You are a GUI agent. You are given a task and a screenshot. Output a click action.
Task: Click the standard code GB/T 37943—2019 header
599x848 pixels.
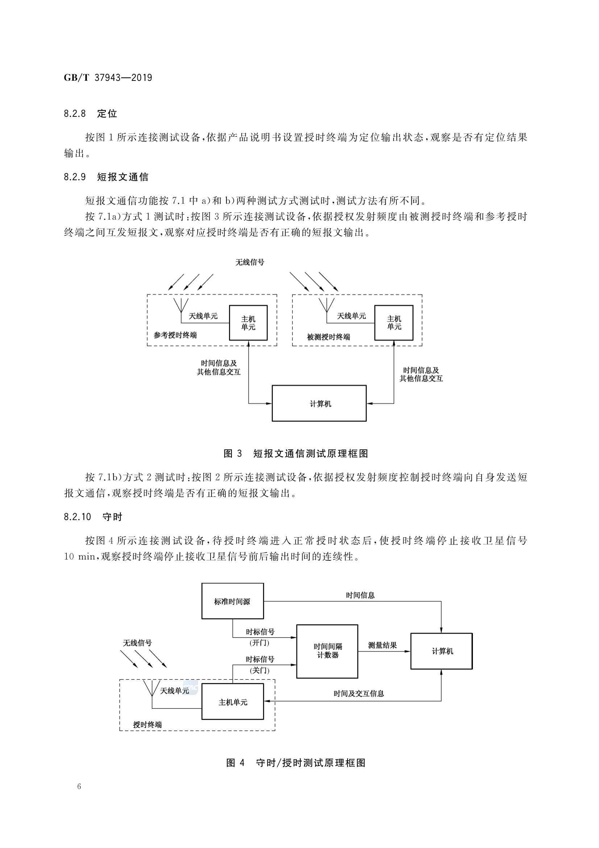(108, 78)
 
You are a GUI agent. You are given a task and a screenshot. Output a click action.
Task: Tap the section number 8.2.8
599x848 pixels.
(75, 114)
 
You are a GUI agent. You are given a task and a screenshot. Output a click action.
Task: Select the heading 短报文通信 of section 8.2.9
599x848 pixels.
(122, 177)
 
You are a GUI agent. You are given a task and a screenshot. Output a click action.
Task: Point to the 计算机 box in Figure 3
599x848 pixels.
(319, 403)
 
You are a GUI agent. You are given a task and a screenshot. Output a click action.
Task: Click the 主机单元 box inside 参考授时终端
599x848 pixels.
(248, 323)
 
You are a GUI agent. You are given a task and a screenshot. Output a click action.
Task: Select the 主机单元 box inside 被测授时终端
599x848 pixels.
(394, 323)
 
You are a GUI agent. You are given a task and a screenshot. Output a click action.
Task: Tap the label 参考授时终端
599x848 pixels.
(175, 336)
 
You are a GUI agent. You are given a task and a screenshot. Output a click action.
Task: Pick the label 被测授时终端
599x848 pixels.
(328, 337)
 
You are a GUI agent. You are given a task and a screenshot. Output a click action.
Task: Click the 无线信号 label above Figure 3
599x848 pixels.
(250, 263)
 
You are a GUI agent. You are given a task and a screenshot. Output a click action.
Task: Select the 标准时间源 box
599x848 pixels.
(233, 601)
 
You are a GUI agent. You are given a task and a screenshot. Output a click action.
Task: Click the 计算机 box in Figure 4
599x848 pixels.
(441, 651)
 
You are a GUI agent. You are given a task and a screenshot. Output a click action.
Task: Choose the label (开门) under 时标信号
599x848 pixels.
(259, 643)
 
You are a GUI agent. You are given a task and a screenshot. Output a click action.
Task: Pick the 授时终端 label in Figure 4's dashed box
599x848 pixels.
(147, 725)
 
